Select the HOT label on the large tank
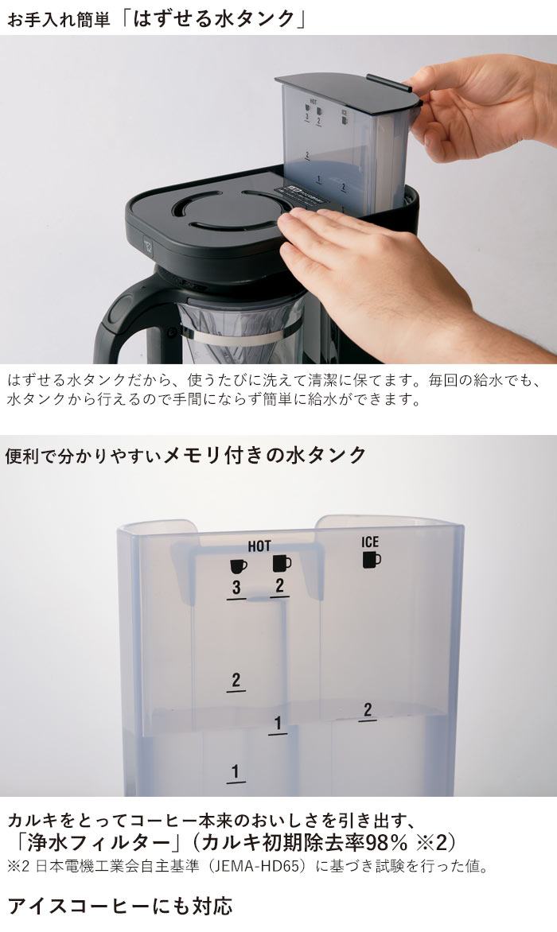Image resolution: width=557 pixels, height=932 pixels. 259,546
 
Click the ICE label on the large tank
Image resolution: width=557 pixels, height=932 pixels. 370,542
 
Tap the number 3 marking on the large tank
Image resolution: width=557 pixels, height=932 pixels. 236,588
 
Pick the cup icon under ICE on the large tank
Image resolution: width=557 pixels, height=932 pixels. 372,560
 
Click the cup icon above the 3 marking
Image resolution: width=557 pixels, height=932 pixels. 238,565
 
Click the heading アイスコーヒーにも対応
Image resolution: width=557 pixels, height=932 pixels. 119,905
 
